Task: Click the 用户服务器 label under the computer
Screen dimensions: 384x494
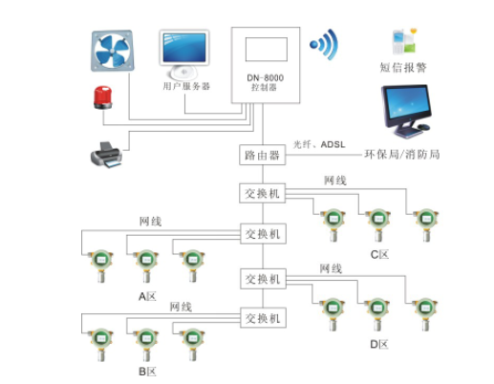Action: coord(185,86)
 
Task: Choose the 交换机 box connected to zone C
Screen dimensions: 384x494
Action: coord(262,193)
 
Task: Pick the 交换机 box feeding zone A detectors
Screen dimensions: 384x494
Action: coord(262,233)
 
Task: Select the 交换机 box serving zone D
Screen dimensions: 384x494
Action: coord(262,278)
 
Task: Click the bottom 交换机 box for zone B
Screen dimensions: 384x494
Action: coord(262,318)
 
